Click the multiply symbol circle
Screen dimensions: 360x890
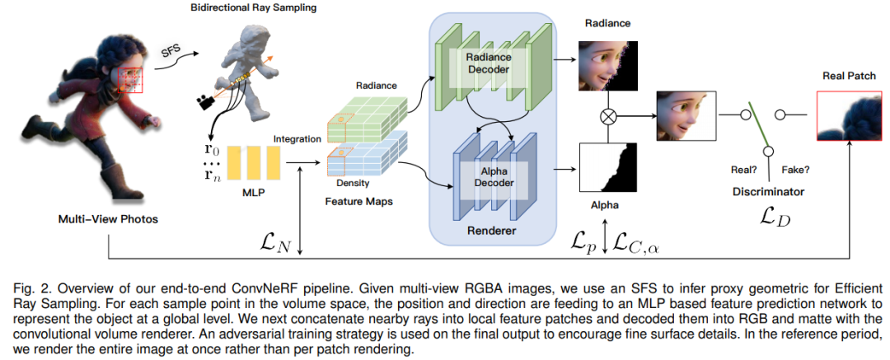[610, 117]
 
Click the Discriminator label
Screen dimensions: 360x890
[768, 192]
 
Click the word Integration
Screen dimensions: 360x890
[297, 139]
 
